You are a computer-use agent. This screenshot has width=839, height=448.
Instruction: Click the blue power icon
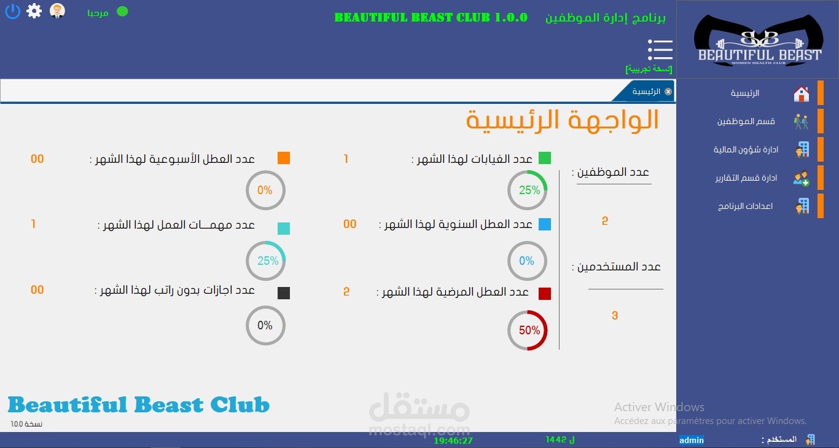(x=12, y=11)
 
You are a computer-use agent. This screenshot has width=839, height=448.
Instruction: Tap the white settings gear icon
(x=34, y=11)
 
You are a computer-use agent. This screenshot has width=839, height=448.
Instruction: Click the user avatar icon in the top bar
(x=57, y=11)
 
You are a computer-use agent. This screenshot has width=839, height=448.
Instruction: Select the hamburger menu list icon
(x=660, y=49)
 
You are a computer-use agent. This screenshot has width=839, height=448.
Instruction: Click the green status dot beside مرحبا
(x=122, y=11)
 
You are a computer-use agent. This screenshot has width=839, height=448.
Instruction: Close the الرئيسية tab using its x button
(x=668, y=92)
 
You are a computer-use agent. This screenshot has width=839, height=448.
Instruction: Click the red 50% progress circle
(x=528, y=331)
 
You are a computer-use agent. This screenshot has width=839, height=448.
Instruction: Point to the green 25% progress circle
(x=528, y=191)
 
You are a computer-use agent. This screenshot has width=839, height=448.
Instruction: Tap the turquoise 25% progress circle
(x=266, y=261)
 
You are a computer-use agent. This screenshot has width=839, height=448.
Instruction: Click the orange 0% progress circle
(x=266, y=191)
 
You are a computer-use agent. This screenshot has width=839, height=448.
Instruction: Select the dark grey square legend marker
(x=284, y=293)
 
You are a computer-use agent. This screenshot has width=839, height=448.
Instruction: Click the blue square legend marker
(x=545, y=224)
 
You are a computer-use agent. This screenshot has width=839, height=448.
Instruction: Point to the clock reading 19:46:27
(x=453, y=441)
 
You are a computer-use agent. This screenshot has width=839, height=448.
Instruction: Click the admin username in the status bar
(x=692, y=440)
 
